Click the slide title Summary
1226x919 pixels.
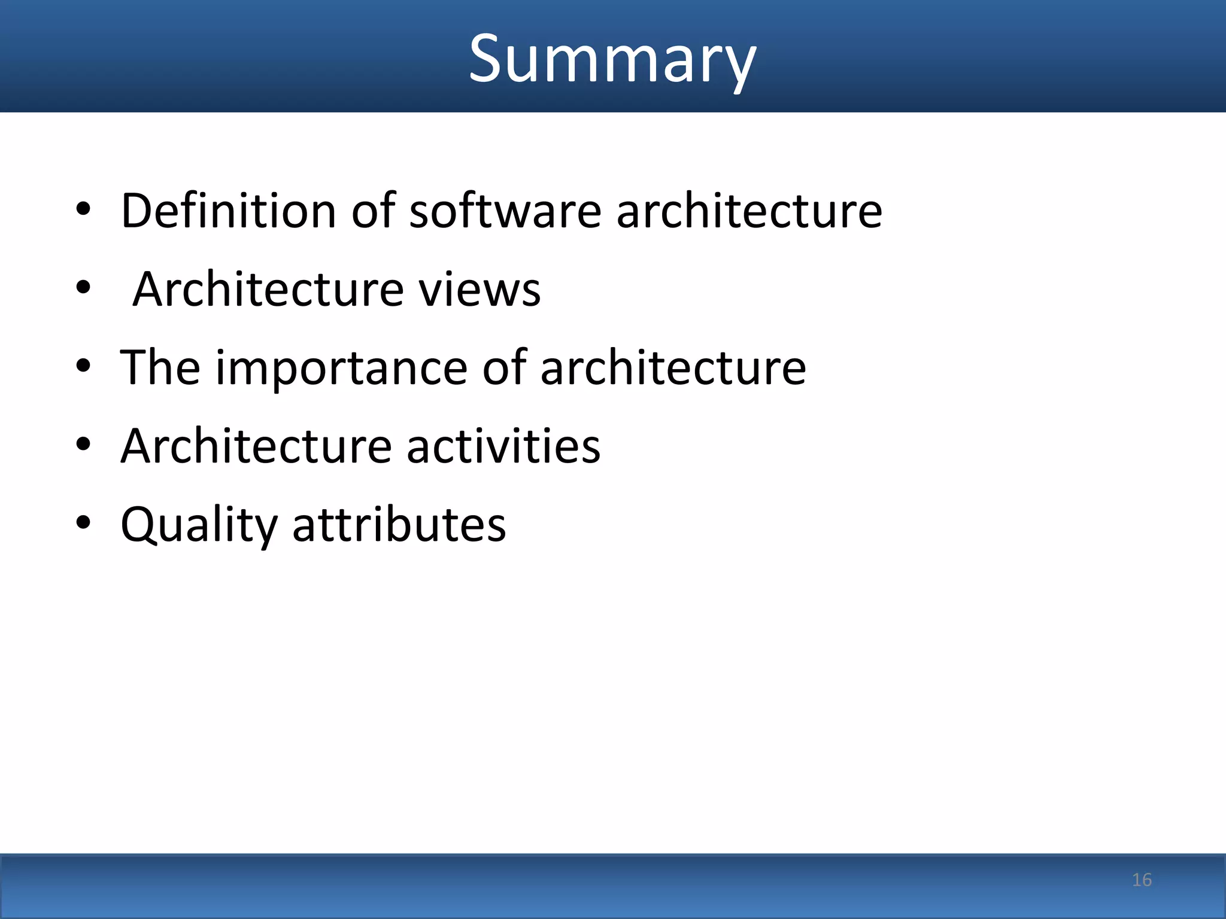pyautogui.click(x=612, y=59)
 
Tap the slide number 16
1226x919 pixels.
pyautogui.click(x=1142, y=880)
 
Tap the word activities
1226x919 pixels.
pyautogui.click(x=503, y=446)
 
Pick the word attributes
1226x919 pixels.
pyautogui.click(x=399, y=525)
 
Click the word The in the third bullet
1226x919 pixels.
pyautogui.click(x=160, y=368)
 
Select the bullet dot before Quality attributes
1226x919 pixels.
pyautogui.click(x=83, y=523)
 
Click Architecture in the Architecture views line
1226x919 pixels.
pyautogui.click(x=268, y=290)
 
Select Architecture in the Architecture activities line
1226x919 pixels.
pyautogui.click(x=256, y=446)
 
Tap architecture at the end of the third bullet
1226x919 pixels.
pyautogui.click(x=673, y=368)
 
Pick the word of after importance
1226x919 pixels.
pyautogui.click(x=505, y=368)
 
